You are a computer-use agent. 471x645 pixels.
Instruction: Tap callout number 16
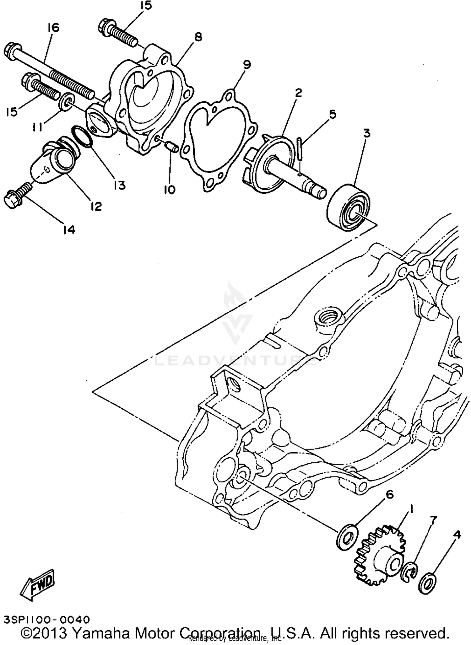(x=53, y=28)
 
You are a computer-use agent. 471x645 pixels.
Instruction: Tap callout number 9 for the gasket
(x=247, y=65)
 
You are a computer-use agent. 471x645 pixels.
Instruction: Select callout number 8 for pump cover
(x=198, y=37)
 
